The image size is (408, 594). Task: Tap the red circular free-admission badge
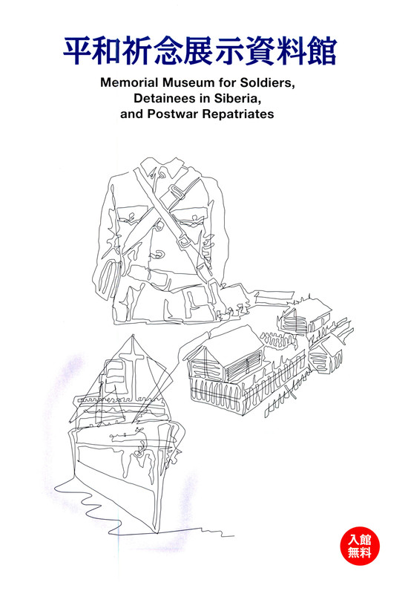click(359, 546)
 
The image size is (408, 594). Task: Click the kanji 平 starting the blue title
click(78, 51)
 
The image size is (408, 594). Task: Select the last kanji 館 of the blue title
click(322, 51)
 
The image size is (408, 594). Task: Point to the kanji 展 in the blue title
click(200, 51)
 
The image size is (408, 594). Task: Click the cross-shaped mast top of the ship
click(133, 353)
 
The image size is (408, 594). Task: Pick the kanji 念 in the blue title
click(169, 51)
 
